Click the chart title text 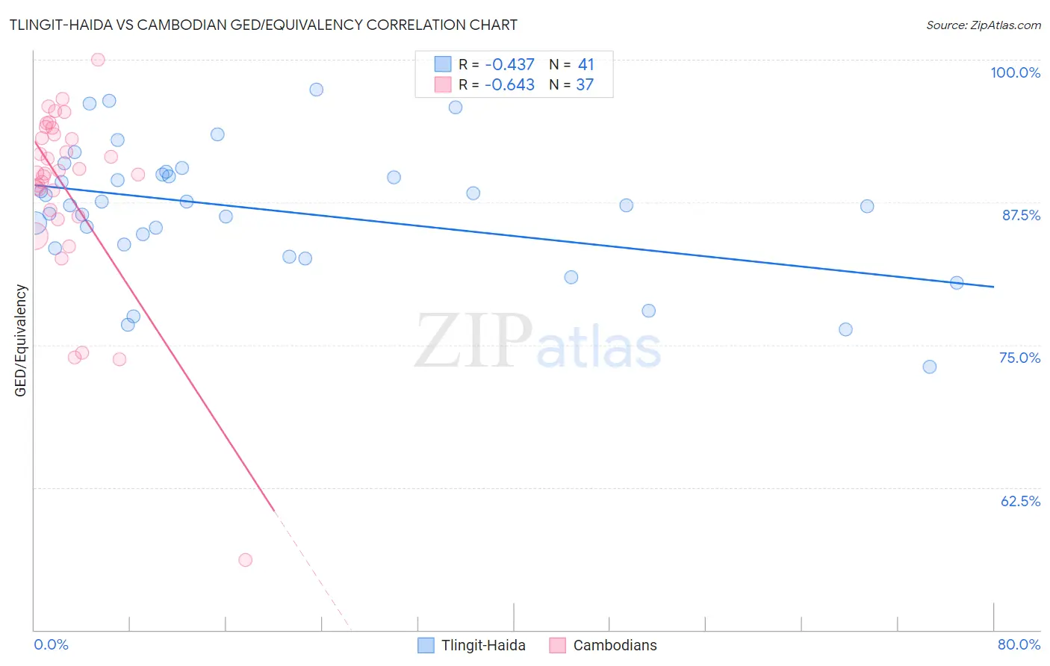263,25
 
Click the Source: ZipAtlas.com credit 983,25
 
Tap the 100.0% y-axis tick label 1015,72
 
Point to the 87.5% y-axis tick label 1020,215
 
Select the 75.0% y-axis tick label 1019,358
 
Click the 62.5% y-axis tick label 1020,501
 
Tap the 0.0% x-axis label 51,644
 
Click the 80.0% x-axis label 1019,644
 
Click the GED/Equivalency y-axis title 21,340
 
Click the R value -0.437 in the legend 509,65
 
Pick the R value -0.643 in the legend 509,85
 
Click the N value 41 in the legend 585,65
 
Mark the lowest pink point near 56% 245,560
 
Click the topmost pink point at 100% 98,60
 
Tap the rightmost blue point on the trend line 957,283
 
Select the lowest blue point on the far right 930,367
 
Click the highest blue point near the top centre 317,90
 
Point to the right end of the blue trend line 993,287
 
